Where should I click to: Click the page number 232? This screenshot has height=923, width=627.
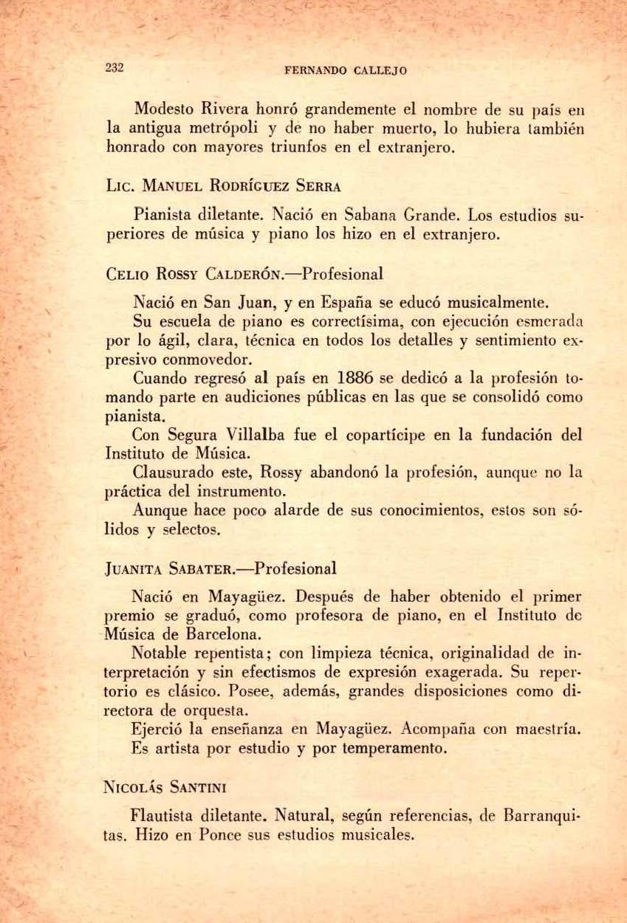[x=114, y=68]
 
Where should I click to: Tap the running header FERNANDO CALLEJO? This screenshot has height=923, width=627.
[x=346, y=72]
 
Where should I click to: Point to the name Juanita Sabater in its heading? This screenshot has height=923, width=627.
[x=162, y=569]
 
